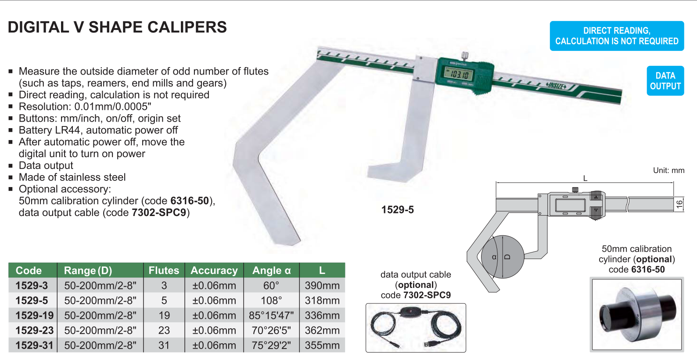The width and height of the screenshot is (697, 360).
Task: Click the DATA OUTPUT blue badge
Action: click(665, 81)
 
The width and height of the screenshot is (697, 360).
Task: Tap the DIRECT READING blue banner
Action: click(617, 36)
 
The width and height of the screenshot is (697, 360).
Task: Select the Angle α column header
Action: click(271, 270)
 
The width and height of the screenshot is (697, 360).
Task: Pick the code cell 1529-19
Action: click(35, 315)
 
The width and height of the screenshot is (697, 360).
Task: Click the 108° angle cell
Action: click(271, 300)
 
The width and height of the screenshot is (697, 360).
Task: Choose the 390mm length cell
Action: click(322, 285)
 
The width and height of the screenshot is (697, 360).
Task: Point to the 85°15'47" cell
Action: click(271, 315)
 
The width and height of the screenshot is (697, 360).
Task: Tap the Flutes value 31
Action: click(164, 345)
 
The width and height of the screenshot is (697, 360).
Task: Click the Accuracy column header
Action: click(214, 270)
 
